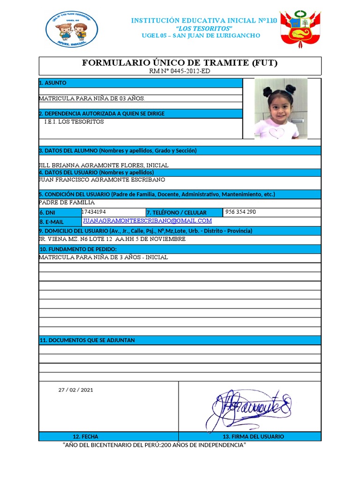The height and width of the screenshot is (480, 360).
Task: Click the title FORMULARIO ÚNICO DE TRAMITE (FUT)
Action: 180,63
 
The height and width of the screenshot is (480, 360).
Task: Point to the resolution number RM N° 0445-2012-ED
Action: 180,71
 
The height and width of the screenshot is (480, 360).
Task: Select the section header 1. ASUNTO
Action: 52,83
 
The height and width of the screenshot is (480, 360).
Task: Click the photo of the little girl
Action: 281,109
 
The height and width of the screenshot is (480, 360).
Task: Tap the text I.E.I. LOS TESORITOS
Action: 74,122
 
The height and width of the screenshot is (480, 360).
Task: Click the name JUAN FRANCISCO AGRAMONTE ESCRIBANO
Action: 102,180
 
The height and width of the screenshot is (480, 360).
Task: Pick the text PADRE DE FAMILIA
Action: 67,202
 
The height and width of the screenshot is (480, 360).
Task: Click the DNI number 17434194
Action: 94,212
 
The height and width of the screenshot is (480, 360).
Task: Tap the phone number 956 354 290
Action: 240,212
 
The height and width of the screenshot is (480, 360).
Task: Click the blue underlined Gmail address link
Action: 147,221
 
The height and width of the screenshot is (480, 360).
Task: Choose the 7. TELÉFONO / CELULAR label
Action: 176,213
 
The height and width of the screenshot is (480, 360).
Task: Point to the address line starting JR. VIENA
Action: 112,239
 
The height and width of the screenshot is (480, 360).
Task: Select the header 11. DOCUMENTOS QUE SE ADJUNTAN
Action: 87,340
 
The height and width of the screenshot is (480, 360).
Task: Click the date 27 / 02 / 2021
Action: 76,390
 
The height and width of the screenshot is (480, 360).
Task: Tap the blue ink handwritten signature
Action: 248,405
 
